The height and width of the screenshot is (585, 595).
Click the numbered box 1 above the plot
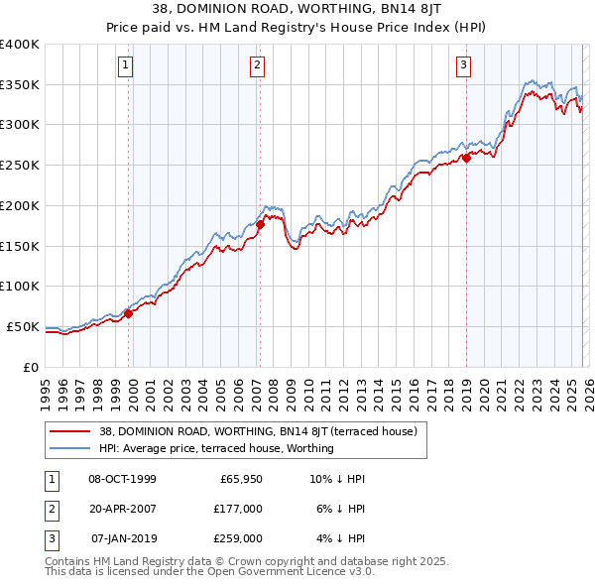tap(127, 66)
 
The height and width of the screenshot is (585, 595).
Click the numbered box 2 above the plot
tap(257, 66)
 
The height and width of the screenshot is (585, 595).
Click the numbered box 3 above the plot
tap(464, 66)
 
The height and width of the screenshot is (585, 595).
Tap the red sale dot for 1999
tap(128, 313)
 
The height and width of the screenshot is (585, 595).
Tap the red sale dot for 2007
tap(260, 224)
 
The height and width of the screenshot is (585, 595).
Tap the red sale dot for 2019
tap(466, 158)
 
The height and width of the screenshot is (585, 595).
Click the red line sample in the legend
tap(71, 431)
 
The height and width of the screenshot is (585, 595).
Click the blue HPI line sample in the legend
tap(71, 448)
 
